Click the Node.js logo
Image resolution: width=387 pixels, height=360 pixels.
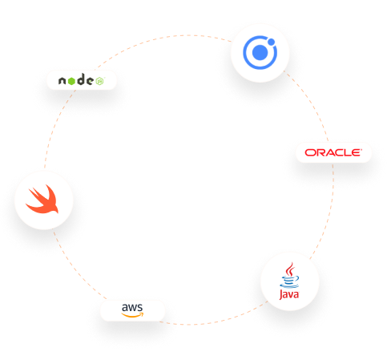[81, 79]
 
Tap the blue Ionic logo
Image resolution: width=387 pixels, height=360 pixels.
[260, 52]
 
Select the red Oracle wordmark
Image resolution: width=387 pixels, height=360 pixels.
[333, 152]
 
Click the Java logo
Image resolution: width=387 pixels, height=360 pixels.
[289, 281]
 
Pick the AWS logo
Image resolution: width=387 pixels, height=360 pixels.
[132, 310]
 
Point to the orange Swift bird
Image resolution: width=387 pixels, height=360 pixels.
[42, 199]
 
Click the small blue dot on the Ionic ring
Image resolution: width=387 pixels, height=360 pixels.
[272, 42]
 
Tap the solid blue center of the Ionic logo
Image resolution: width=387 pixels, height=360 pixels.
[260, 53]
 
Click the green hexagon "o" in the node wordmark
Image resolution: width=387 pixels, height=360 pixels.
[71, 81]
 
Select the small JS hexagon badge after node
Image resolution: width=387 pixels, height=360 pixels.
[100, 81]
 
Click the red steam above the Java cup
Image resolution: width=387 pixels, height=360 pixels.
[290, 269]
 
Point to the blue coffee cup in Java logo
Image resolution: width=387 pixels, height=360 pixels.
[289, 282]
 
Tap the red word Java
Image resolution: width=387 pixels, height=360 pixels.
[289, 294]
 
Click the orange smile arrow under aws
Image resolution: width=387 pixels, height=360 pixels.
[132, 315]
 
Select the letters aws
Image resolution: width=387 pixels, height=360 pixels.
[132, 307]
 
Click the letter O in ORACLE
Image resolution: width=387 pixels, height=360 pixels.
[310, 152]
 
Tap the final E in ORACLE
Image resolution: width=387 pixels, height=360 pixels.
[356, 152]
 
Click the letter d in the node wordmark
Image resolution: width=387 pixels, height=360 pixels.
[81, 79]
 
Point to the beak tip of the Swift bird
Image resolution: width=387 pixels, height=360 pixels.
[58, 212]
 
